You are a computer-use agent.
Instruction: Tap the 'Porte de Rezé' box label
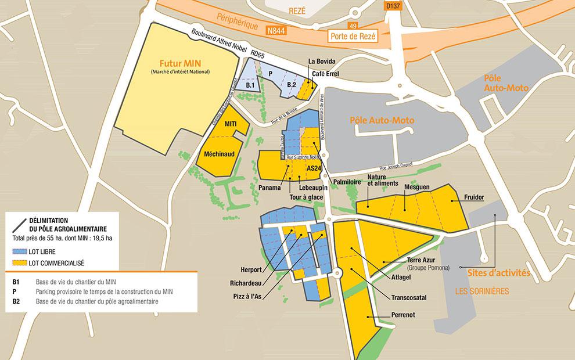pos(353,36)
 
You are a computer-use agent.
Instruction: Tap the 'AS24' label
pos(314,168)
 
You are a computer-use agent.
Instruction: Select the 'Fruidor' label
pos(474,197)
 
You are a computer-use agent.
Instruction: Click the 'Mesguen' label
pos(416,187)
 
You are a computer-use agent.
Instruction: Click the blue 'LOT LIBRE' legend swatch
pos(19,252)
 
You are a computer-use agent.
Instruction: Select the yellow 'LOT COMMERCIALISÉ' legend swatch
pos(19,262)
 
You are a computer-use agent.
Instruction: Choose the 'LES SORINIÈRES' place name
pos(487,290)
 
